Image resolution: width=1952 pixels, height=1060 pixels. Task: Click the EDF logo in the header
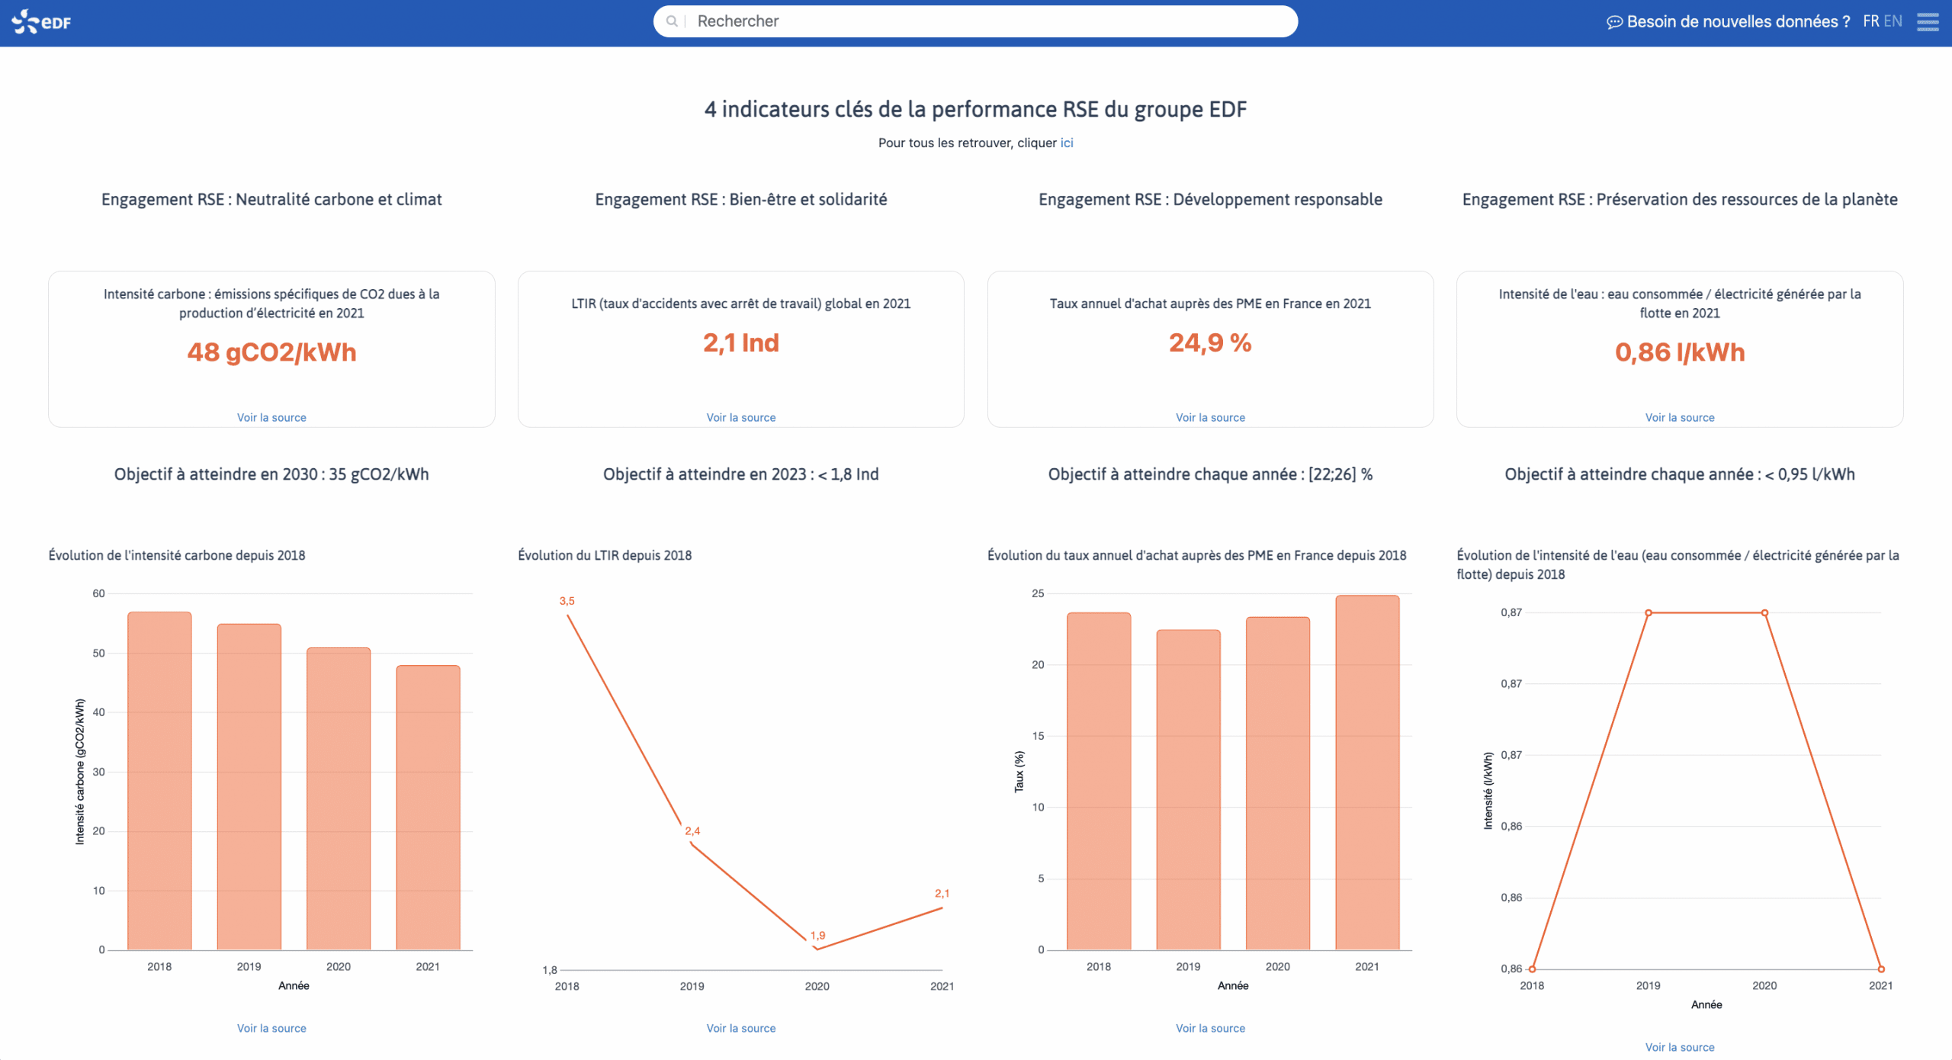(41, 21)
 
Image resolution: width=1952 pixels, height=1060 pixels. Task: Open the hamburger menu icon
(1928, 21)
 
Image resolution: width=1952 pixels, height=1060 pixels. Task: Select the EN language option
(1893, 21)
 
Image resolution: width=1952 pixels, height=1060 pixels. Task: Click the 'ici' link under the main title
(1066, 143)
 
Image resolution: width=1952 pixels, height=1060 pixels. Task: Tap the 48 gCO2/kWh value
(271, 352)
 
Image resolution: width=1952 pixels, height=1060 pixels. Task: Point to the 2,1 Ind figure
(740, 343)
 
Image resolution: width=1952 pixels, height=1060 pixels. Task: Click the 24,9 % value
(1210, 343)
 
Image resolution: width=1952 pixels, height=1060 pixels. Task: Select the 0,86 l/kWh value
(1679, 352)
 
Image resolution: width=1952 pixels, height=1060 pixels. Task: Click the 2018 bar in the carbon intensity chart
(159, 778)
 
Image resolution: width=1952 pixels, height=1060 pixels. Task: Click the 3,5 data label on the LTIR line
(567, 601)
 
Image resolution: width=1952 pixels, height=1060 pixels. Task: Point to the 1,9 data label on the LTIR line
(817, 935)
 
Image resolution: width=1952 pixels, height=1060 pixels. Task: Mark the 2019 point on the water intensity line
(1649, 612)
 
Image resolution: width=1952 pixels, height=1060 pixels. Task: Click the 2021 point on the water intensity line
(1881, 968)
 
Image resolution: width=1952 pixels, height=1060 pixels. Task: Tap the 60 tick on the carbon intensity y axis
(98, 593)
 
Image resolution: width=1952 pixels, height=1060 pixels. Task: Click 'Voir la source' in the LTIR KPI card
(740, 417)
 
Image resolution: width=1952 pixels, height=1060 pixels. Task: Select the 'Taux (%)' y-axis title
(1019, 771)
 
